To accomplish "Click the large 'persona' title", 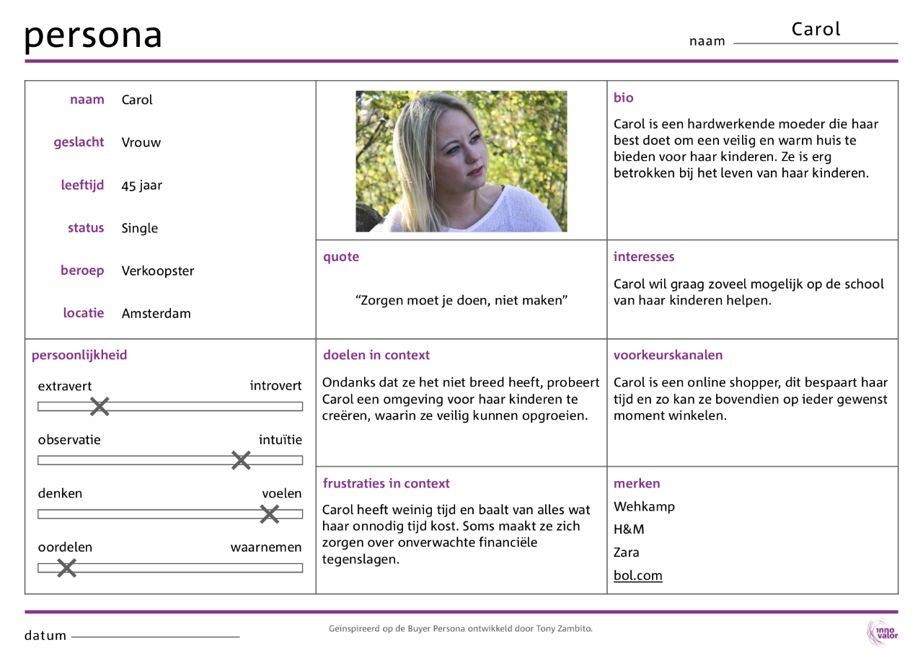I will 93,35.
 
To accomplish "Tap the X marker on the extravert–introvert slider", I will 100,407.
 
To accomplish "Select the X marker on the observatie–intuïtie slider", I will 241,460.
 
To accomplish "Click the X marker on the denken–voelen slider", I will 270,514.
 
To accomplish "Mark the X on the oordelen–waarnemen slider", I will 66,568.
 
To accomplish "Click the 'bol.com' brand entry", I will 637,576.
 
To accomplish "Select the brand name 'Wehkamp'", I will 644,506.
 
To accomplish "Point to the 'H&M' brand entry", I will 629,529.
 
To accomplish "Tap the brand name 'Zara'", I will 626,552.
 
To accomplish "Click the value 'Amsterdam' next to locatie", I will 156,313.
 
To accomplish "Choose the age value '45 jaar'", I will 141,185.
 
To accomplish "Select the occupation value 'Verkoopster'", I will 157,271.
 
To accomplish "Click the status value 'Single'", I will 139,228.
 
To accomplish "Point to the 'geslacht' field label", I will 79,142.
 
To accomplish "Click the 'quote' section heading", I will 341,257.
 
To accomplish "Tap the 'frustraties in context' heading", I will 386,483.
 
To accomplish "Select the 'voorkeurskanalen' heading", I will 668,355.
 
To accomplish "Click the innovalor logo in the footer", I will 882,633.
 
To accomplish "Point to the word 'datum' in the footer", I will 45,635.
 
